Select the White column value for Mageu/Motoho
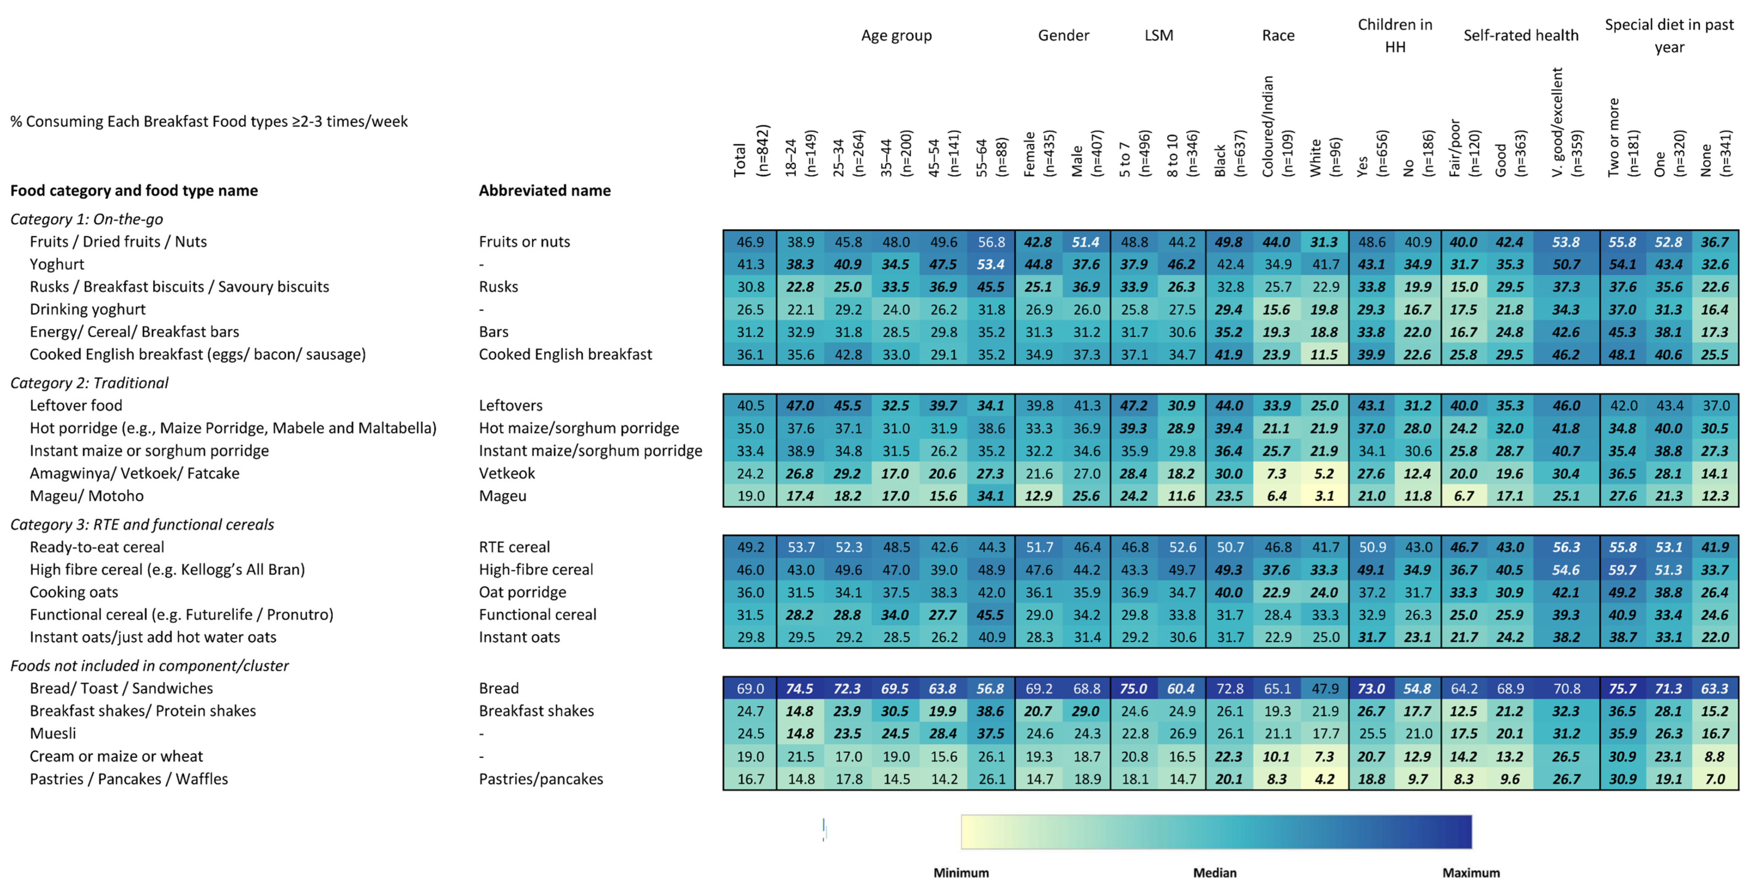[x=1324, y=496]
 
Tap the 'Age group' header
[x=896, y=36]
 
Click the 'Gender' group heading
[x=1063, y=36]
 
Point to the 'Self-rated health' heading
[x=1521, y=36]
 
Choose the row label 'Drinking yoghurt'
[x=87, y=309]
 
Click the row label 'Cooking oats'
[x=73, y=592]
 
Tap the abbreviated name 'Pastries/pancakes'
[x=541, y=779]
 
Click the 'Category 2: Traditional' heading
[x=89, y=383]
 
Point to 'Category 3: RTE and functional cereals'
[x=142, y=525]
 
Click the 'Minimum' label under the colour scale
[x=961, y=873]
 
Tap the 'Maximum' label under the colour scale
[x=1471, y=873]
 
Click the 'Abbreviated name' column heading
[x=544, y=191]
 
